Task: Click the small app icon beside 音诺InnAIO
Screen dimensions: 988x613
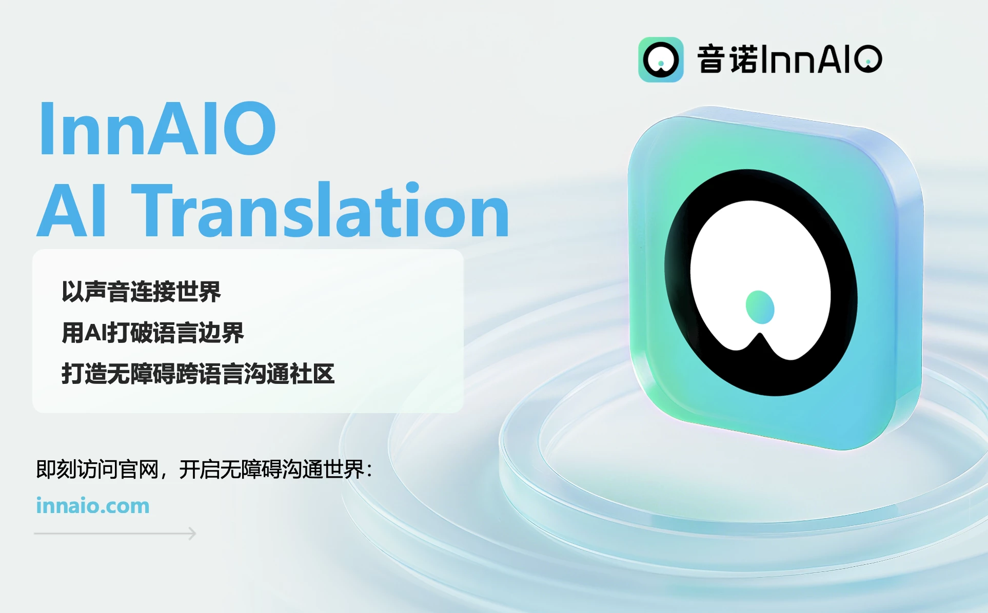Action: click(x=661, y=59)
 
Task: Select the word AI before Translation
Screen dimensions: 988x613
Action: click(x=72, y=211)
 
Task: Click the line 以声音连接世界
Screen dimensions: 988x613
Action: click(x=141, y=292)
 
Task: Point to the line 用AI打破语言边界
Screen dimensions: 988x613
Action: click(x=153, y=333)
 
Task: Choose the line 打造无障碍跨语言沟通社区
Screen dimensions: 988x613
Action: click(x=198, y=374)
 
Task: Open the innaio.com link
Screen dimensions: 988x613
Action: click(x=93, y=506)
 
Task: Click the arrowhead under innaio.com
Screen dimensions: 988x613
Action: click(x=192, y=534)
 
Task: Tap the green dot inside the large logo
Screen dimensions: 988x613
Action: click(x=760, y=307)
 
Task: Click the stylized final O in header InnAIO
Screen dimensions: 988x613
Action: click(x=868, y=59)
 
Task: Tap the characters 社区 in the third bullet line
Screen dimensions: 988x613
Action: click(x=312, y=374)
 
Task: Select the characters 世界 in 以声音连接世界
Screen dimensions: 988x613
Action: click(x=199, y=292)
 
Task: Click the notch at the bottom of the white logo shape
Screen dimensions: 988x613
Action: click(x=760, y=335)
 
